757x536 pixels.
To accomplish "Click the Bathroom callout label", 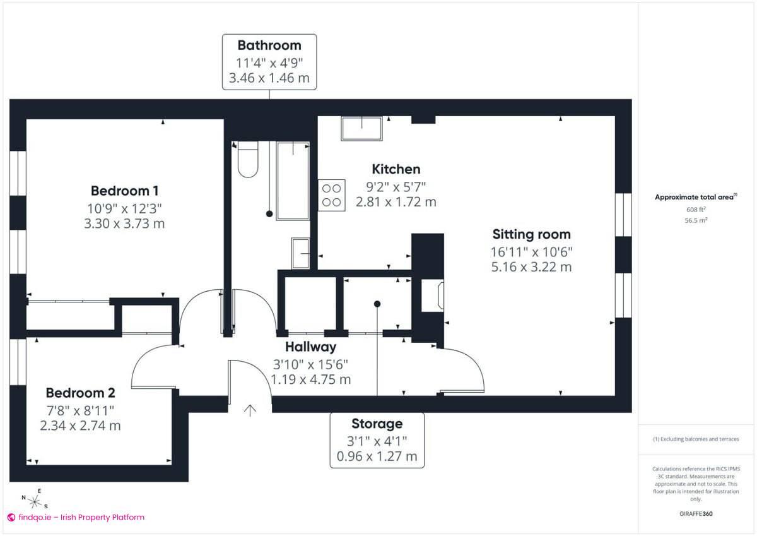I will (x=269, y=45).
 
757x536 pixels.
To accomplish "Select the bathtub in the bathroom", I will (x=293, y=181).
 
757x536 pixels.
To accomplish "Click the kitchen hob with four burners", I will (x=332, y=196).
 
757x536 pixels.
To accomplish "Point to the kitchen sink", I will (x=361, y=129).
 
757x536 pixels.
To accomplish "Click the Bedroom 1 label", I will (x=124, y=191).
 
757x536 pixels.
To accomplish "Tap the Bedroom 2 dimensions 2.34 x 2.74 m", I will (x=80, y=426).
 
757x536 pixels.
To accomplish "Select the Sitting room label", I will (x=531, y=235).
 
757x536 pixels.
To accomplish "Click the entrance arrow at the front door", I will (x=250, y=410).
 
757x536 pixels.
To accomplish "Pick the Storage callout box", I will (x=377, y=440).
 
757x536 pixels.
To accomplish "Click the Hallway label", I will (x=310, y=347).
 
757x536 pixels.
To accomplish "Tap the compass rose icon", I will (x=35, y=501).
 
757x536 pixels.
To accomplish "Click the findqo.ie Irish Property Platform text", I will (x=76, y=517).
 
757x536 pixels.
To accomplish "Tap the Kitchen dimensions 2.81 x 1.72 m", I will (x=396, y=202).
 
